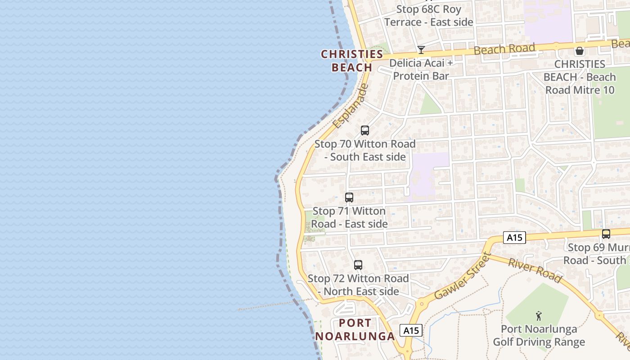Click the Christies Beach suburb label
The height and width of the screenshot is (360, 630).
(x=352, y=61)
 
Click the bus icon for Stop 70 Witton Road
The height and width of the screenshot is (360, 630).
(x=365, y=130)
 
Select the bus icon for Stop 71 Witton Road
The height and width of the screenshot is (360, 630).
(x=349, y=197)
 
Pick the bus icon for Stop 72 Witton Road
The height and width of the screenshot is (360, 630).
(x=358, y=265)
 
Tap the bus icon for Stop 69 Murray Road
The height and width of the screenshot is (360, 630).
(x=606, y=234)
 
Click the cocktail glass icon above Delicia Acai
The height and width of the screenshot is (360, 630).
(x=421, y=49)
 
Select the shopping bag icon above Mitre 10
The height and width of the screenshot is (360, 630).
(x=580, y=51)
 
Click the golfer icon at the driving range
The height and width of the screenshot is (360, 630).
(x=539, y=316)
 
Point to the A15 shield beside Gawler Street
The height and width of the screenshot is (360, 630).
(x=411, y=331)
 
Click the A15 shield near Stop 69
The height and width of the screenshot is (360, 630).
(x=514, y=238)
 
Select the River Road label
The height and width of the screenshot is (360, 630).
(x=535, y=270)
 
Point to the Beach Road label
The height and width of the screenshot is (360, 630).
(x=504, y=49)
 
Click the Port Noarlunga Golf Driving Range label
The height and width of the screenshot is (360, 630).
(x=539, y=335)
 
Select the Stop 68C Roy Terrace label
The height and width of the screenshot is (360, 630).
(x=428, y=16)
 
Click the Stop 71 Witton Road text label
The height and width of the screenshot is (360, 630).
(x=350, y=217)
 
